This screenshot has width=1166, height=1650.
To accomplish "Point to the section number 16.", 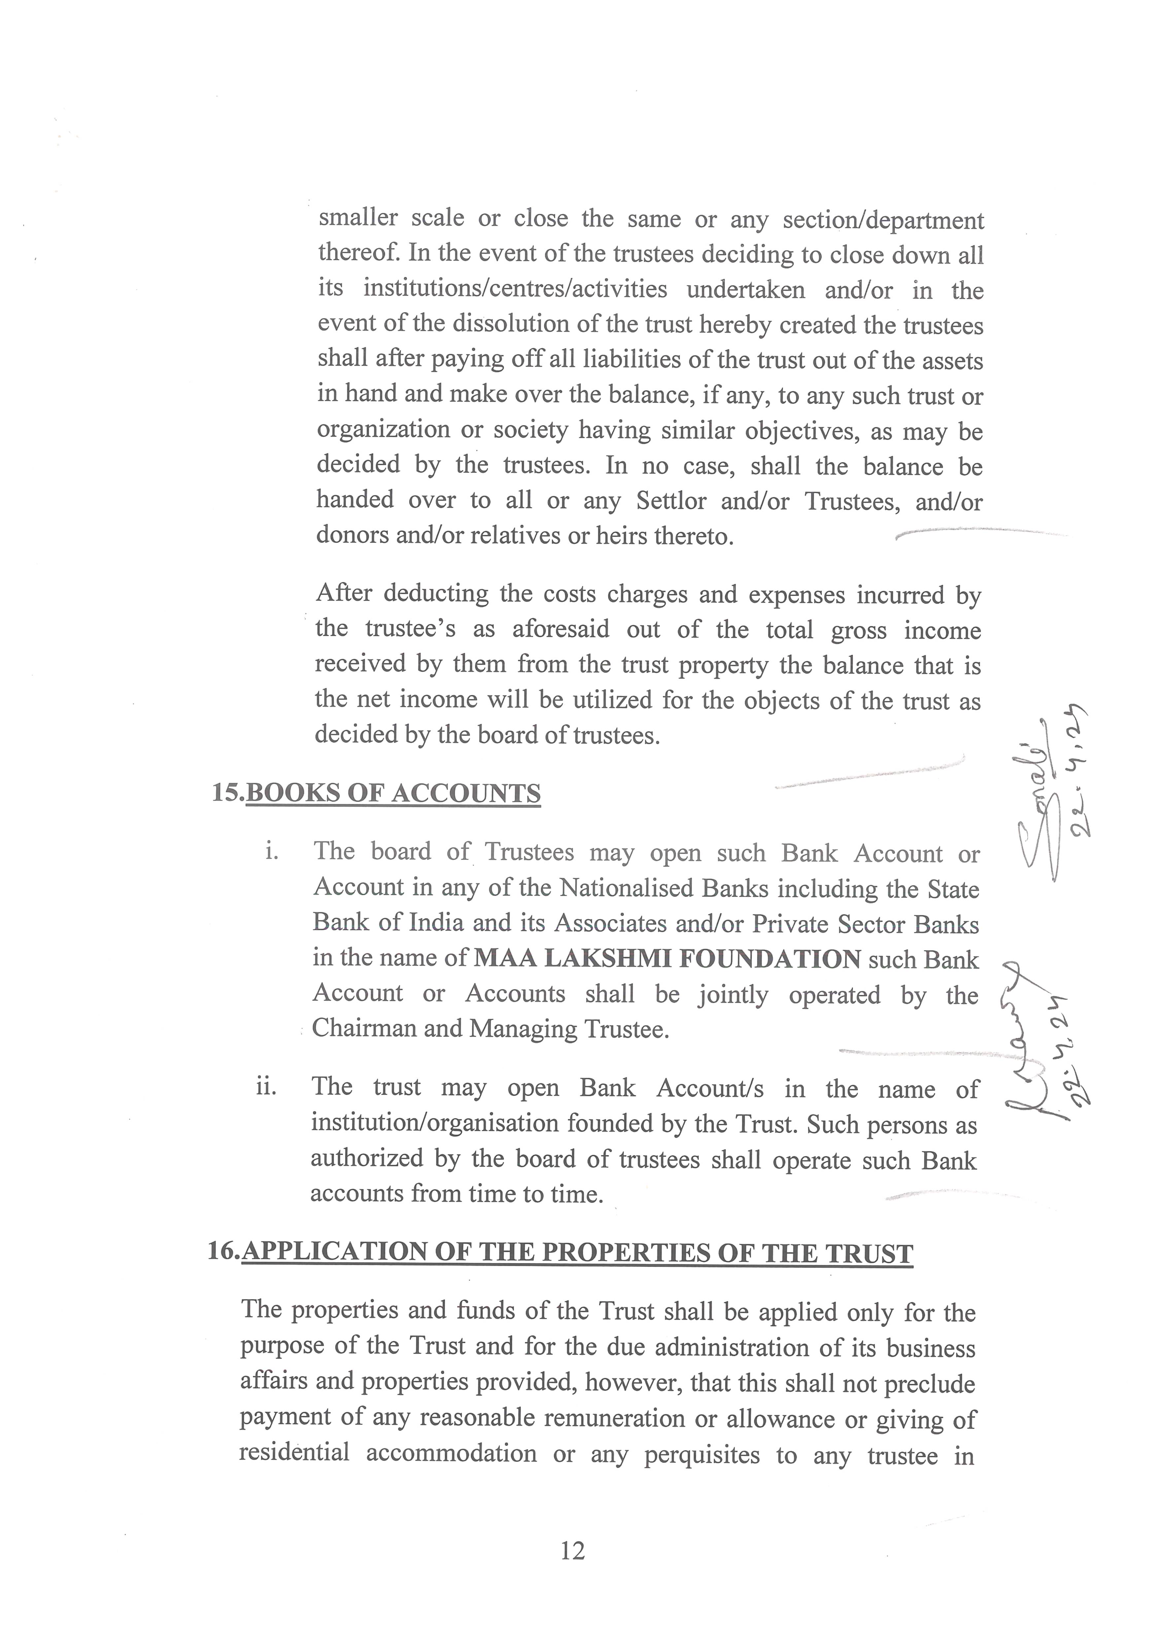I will pos(223,1252).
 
